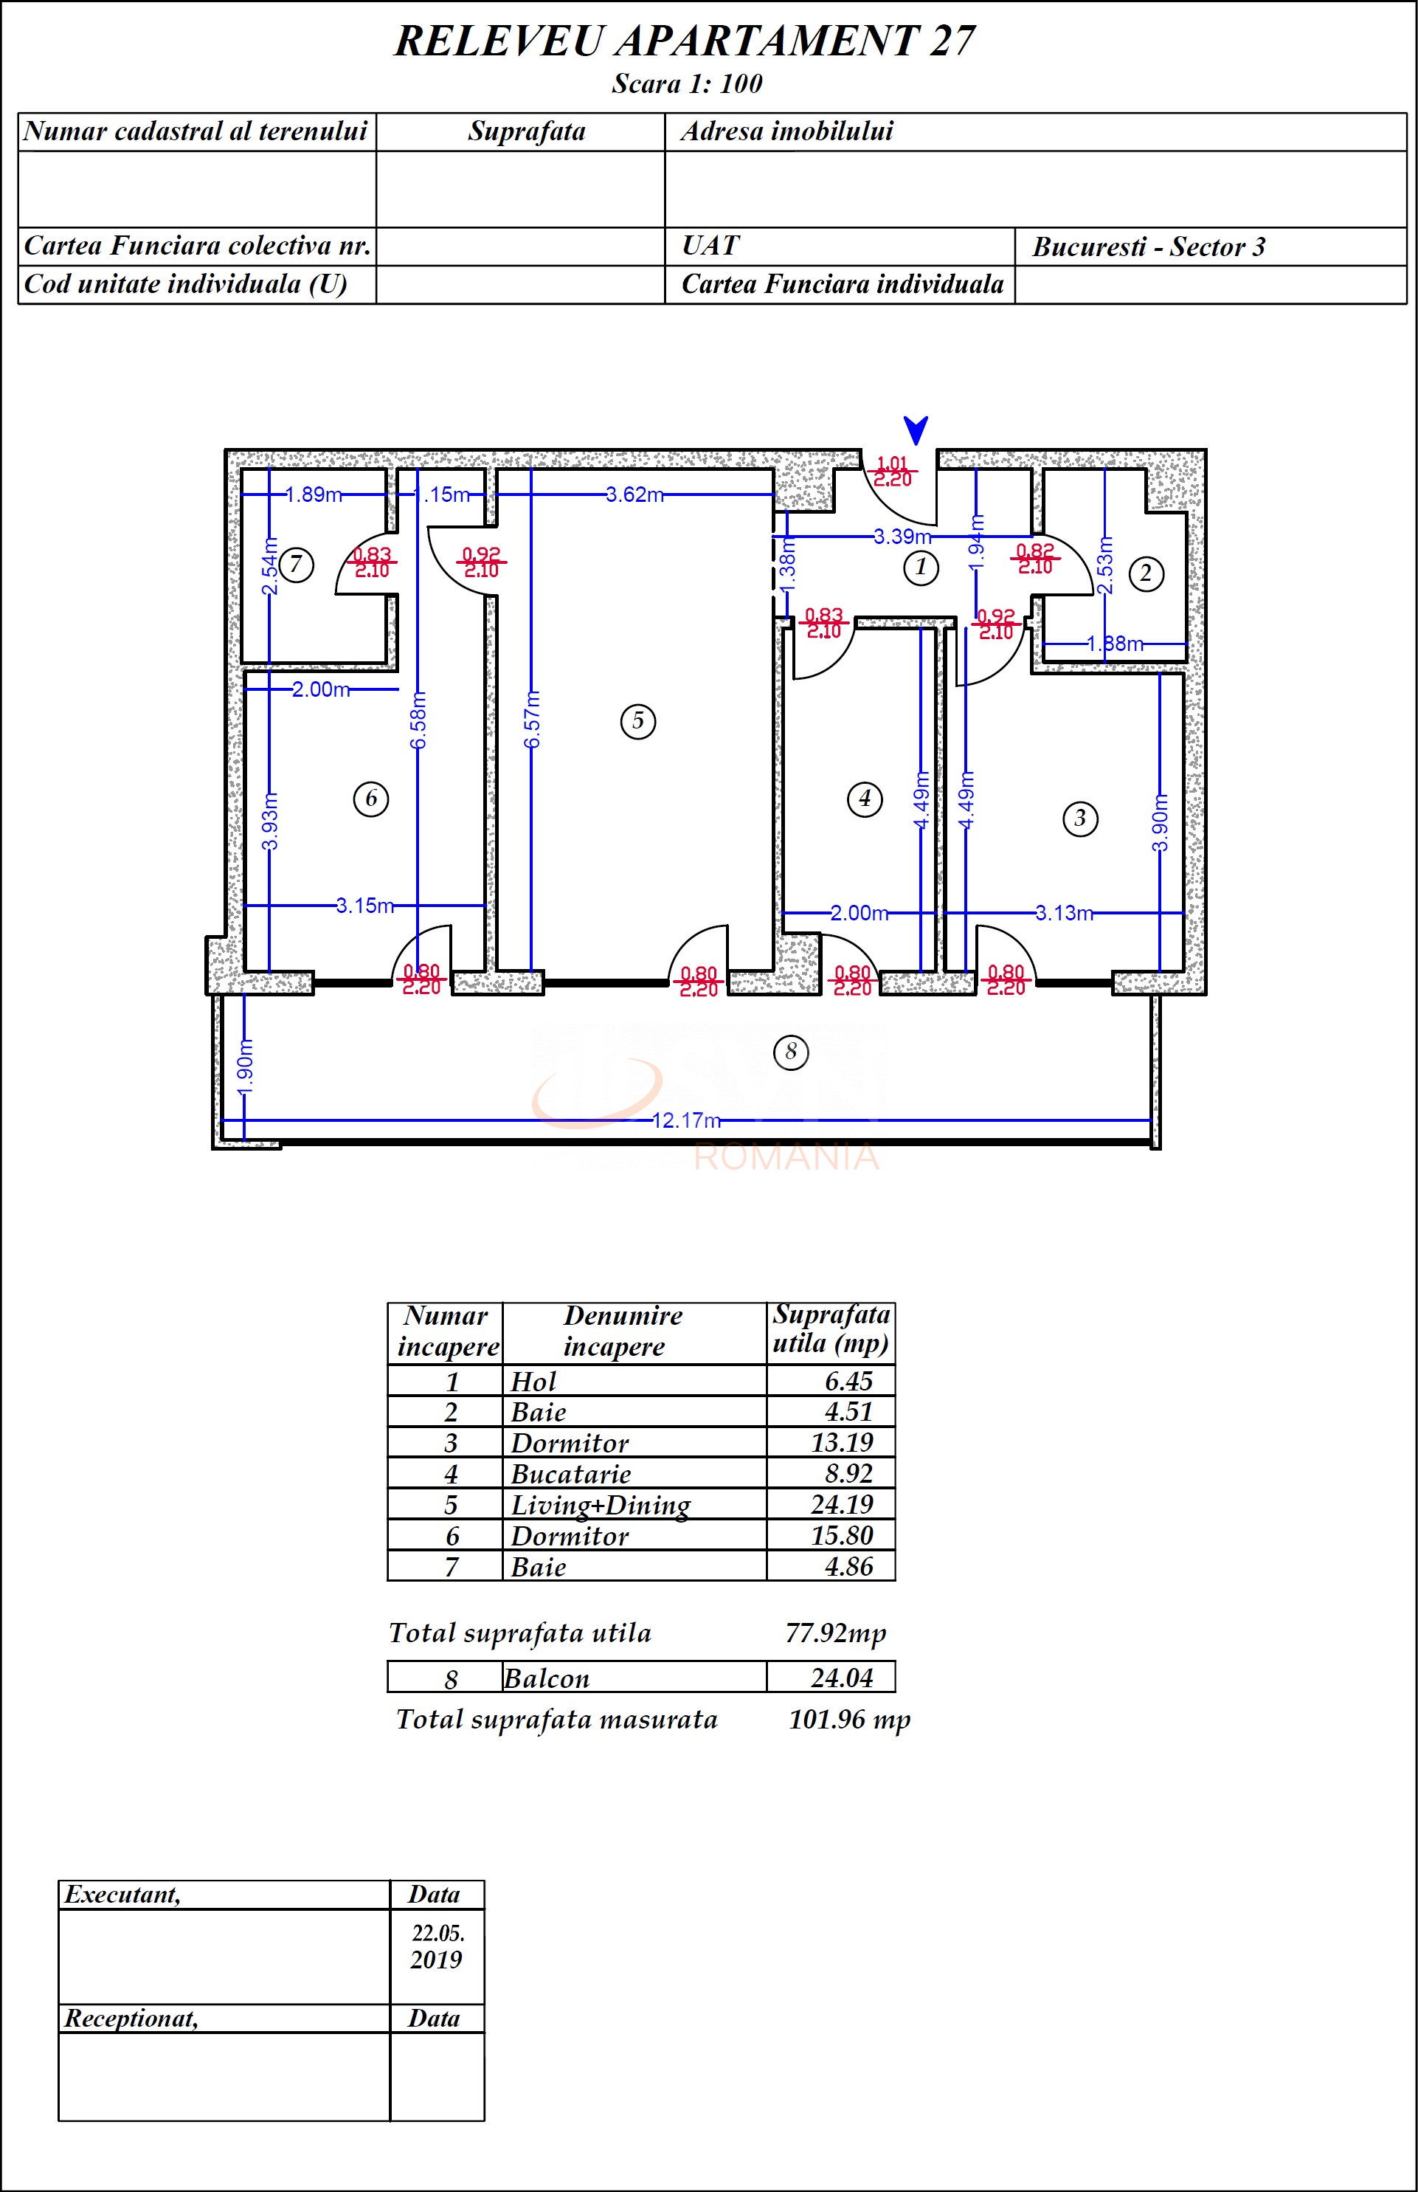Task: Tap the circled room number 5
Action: pyautogui.click(x=638, y=721)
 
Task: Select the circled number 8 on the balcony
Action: pyautogui.click(x=791, y=1052)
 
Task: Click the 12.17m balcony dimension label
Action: pyautogui.click(x=686, y=1121)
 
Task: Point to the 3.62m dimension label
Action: pyautogui.click(x=634, y=494)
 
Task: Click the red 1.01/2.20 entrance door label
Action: pyautogui.click(x=892, y=472)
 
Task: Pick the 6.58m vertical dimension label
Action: pyautogui.click(x=418, y=728)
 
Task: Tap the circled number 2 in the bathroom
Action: pyautogui.click(x=1146, y=573)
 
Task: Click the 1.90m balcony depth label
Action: pyautogui.click(x=245, y=1069)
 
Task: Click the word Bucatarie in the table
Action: pyautogui.click(x=571, y=1474)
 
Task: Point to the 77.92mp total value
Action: pyautogui.click(x=835, y=1633)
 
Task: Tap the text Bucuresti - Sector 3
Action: pyautogui.click(x=1148, y=247)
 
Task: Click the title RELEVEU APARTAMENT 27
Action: pyautogui.click(x=684, y=41)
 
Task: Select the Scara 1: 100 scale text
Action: pyautogui.click(x=687, y=84)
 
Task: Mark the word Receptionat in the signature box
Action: pyautogui.click(x=131, y=2019)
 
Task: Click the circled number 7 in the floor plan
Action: pyautogui.click(x=296, y=565)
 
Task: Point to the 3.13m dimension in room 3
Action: pyautogui.click(x=1064, y=913)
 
